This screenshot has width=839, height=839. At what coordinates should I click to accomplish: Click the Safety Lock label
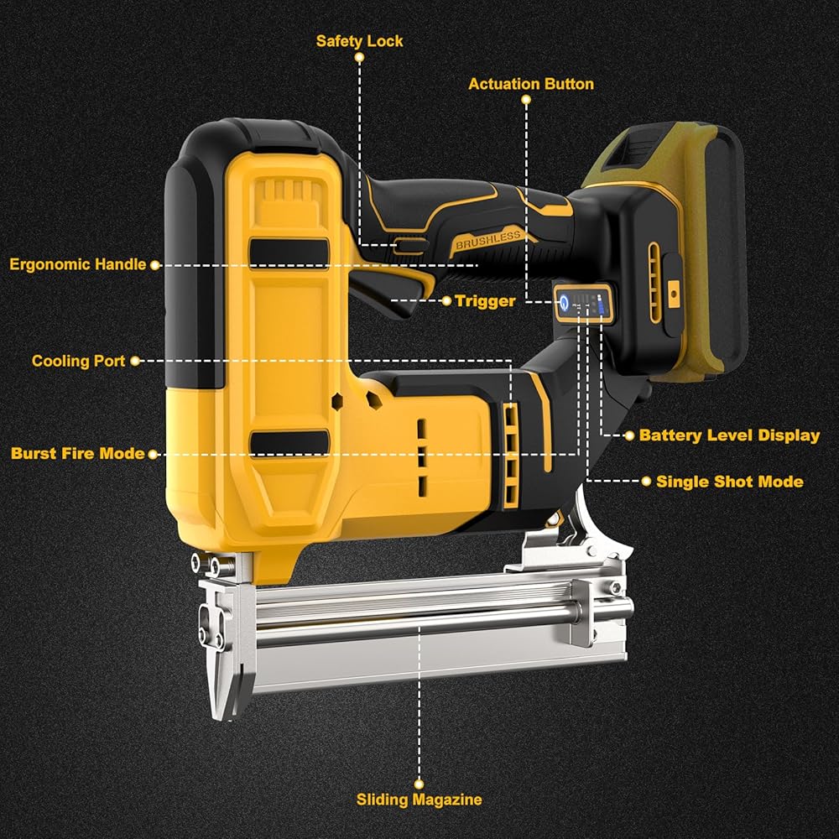click(x=359, y=41)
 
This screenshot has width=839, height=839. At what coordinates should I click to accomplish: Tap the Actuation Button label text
click(x=531, y=84)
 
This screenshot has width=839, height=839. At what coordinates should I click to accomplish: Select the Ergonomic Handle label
click(x=77, y=264)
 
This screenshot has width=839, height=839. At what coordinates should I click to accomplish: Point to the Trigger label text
click(x=485, y=300)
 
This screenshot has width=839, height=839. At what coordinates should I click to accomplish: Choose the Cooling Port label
click(x=78, y=361)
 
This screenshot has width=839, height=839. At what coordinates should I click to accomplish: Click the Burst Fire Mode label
click(x=77, y=454)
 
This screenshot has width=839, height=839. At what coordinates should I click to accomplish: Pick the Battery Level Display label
click(x=729, y=435)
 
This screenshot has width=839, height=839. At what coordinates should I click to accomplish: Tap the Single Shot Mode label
click(x=730, y=482)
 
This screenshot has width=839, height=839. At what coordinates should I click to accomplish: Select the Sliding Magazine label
click(x=419, y=800)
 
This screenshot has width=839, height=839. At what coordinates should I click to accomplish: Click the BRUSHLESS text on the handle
click(x=487, y=240)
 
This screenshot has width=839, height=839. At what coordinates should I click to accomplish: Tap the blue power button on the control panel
click(x=565, y=304)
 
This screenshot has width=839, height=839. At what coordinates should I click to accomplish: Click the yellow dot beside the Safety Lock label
click(x=360, y=57)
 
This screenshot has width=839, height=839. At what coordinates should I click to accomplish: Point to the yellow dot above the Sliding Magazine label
click(x=419, y=784)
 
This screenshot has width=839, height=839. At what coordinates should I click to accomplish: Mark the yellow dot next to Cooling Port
click(x=135, y=361)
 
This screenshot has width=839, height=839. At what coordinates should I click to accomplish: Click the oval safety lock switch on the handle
click(x=410, y=246)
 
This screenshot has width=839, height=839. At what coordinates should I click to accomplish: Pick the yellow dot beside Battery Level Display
click(x=629, y=435)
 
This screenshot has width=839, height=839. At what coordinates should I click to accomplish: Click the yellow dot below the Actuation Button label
click(x=526, y=100)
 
